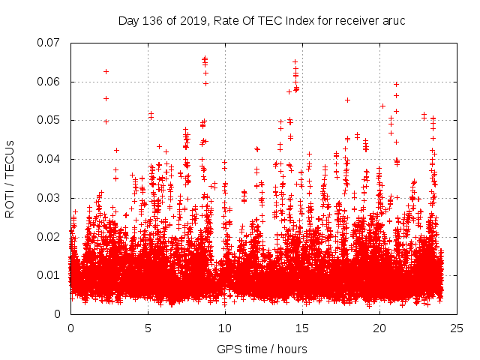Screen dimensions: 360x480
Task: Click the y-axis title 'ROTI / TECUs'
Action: (x=10, y=178)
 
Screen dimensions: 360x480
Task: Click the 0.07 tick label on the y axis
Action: (x=52, y=43)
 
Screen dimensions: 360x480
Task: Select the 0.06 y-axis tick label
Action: (x=52, y=82)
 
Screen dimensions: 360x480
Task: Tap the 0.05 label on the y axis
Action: (x=52, y=120)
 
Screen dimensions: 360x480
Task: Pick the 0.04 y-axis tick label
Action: (x=52, y=159)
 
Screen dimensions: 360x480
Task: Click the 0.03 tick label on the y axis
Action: (x=52, y=198)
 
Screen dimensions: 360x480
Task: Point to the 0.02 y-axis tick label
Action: (x=52, y=236)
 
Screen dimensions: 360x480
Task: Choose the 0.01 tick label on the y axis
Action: (x=52, y=275)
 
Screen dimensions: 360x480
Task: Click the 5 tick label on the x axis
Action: (x=148, y=328)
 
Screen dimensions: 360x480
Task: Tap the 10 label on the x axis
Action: (x=225, y=328)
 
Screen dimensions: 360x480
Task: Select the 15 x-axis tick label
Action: (x=302, y=328)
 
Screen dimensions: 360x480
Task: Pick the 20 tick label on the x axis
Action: (x=379, y=328)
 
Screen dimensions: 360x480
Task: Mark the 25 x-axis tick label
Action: (x=457, y=328)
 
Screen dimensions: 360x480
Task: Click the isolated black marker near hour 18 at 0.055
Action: (x=347, y=100)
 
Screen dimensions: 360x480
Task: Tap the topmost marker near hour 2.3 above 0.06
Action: (x=106, y=71)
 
